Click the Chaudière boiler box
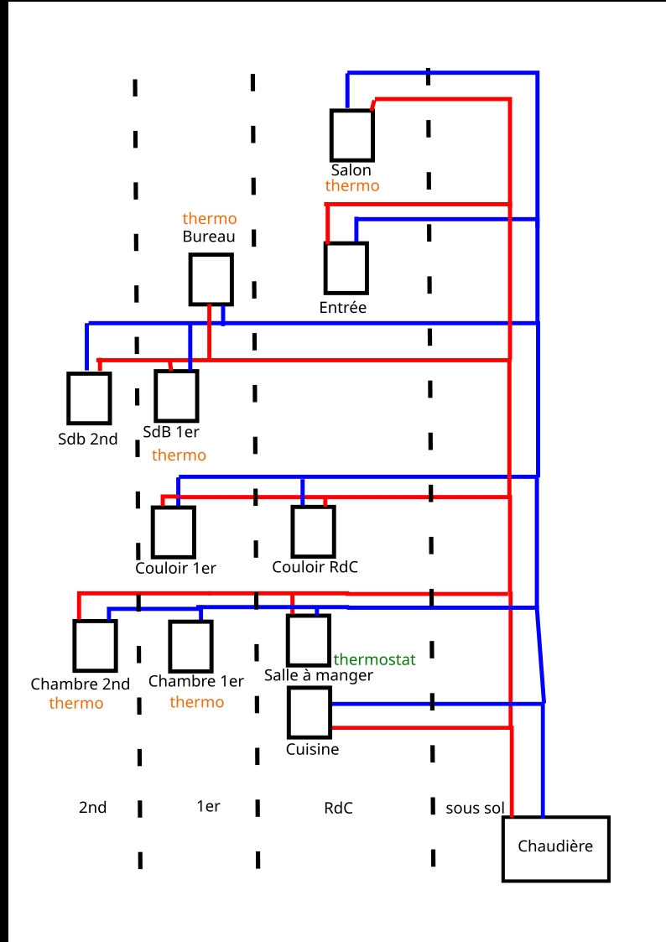(x=555, y=848)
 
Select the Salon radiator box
(x=351, y=134)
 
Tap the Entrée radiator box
(x=346, y=268)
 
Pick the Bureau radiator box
(x=211, y=279)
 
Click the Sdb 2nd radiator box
(x=89, y=398)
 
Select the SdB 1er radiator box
(x=176, y=395)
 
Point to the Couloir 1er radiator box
(x=173, y=532)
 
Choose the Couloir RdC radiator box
(x=313, y=531)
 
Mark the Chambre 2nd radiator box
(x=95, y=645)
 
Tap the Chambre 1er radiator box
(x=190, y=646)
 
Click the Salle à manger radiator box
(x=308, y=640)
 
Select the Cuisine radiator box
(x=310, y=712)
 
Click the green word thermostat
(x=374, y=660)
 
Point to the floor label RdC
(x=338, y=809)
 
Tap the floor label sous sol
(x=475, y=809)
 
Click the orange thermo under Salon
(x=352, y=186)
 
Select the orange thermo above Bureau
(x=210, y=220)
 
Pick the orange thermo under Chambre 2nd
(x=76, y=703)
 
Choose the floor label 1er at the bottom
(x=208, y=807)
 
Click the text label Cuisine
(x=313, y=749)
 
